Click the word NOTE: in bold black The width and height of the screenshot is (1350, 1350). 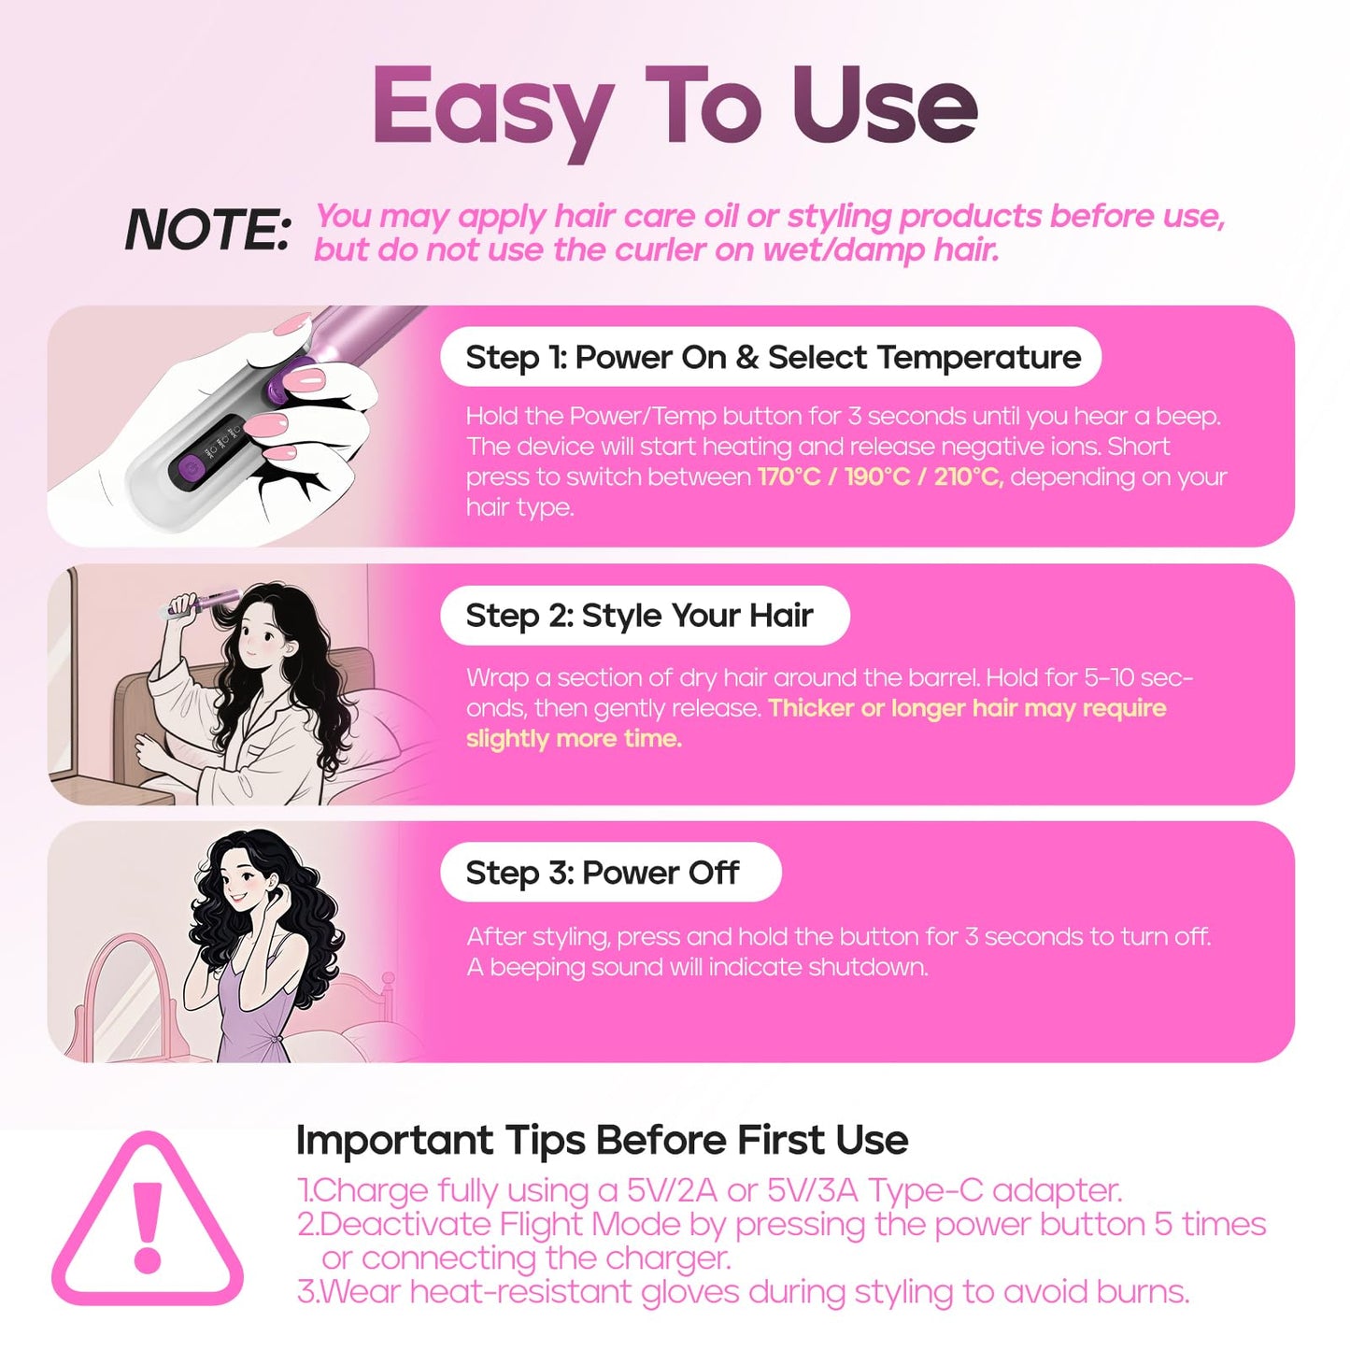coord(207,231)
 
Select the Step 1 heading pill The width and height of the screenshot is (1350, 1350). coord(771,357)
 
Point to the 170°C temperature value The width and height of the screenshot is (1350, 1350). coord(789,477)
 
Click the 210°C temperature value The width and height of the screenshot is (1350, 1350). coord(968,477)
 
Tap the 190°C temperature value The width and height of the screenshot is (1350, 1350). coord(876,477)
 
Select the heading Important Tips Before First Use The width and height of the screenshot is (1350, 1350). coord(602,1141)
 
